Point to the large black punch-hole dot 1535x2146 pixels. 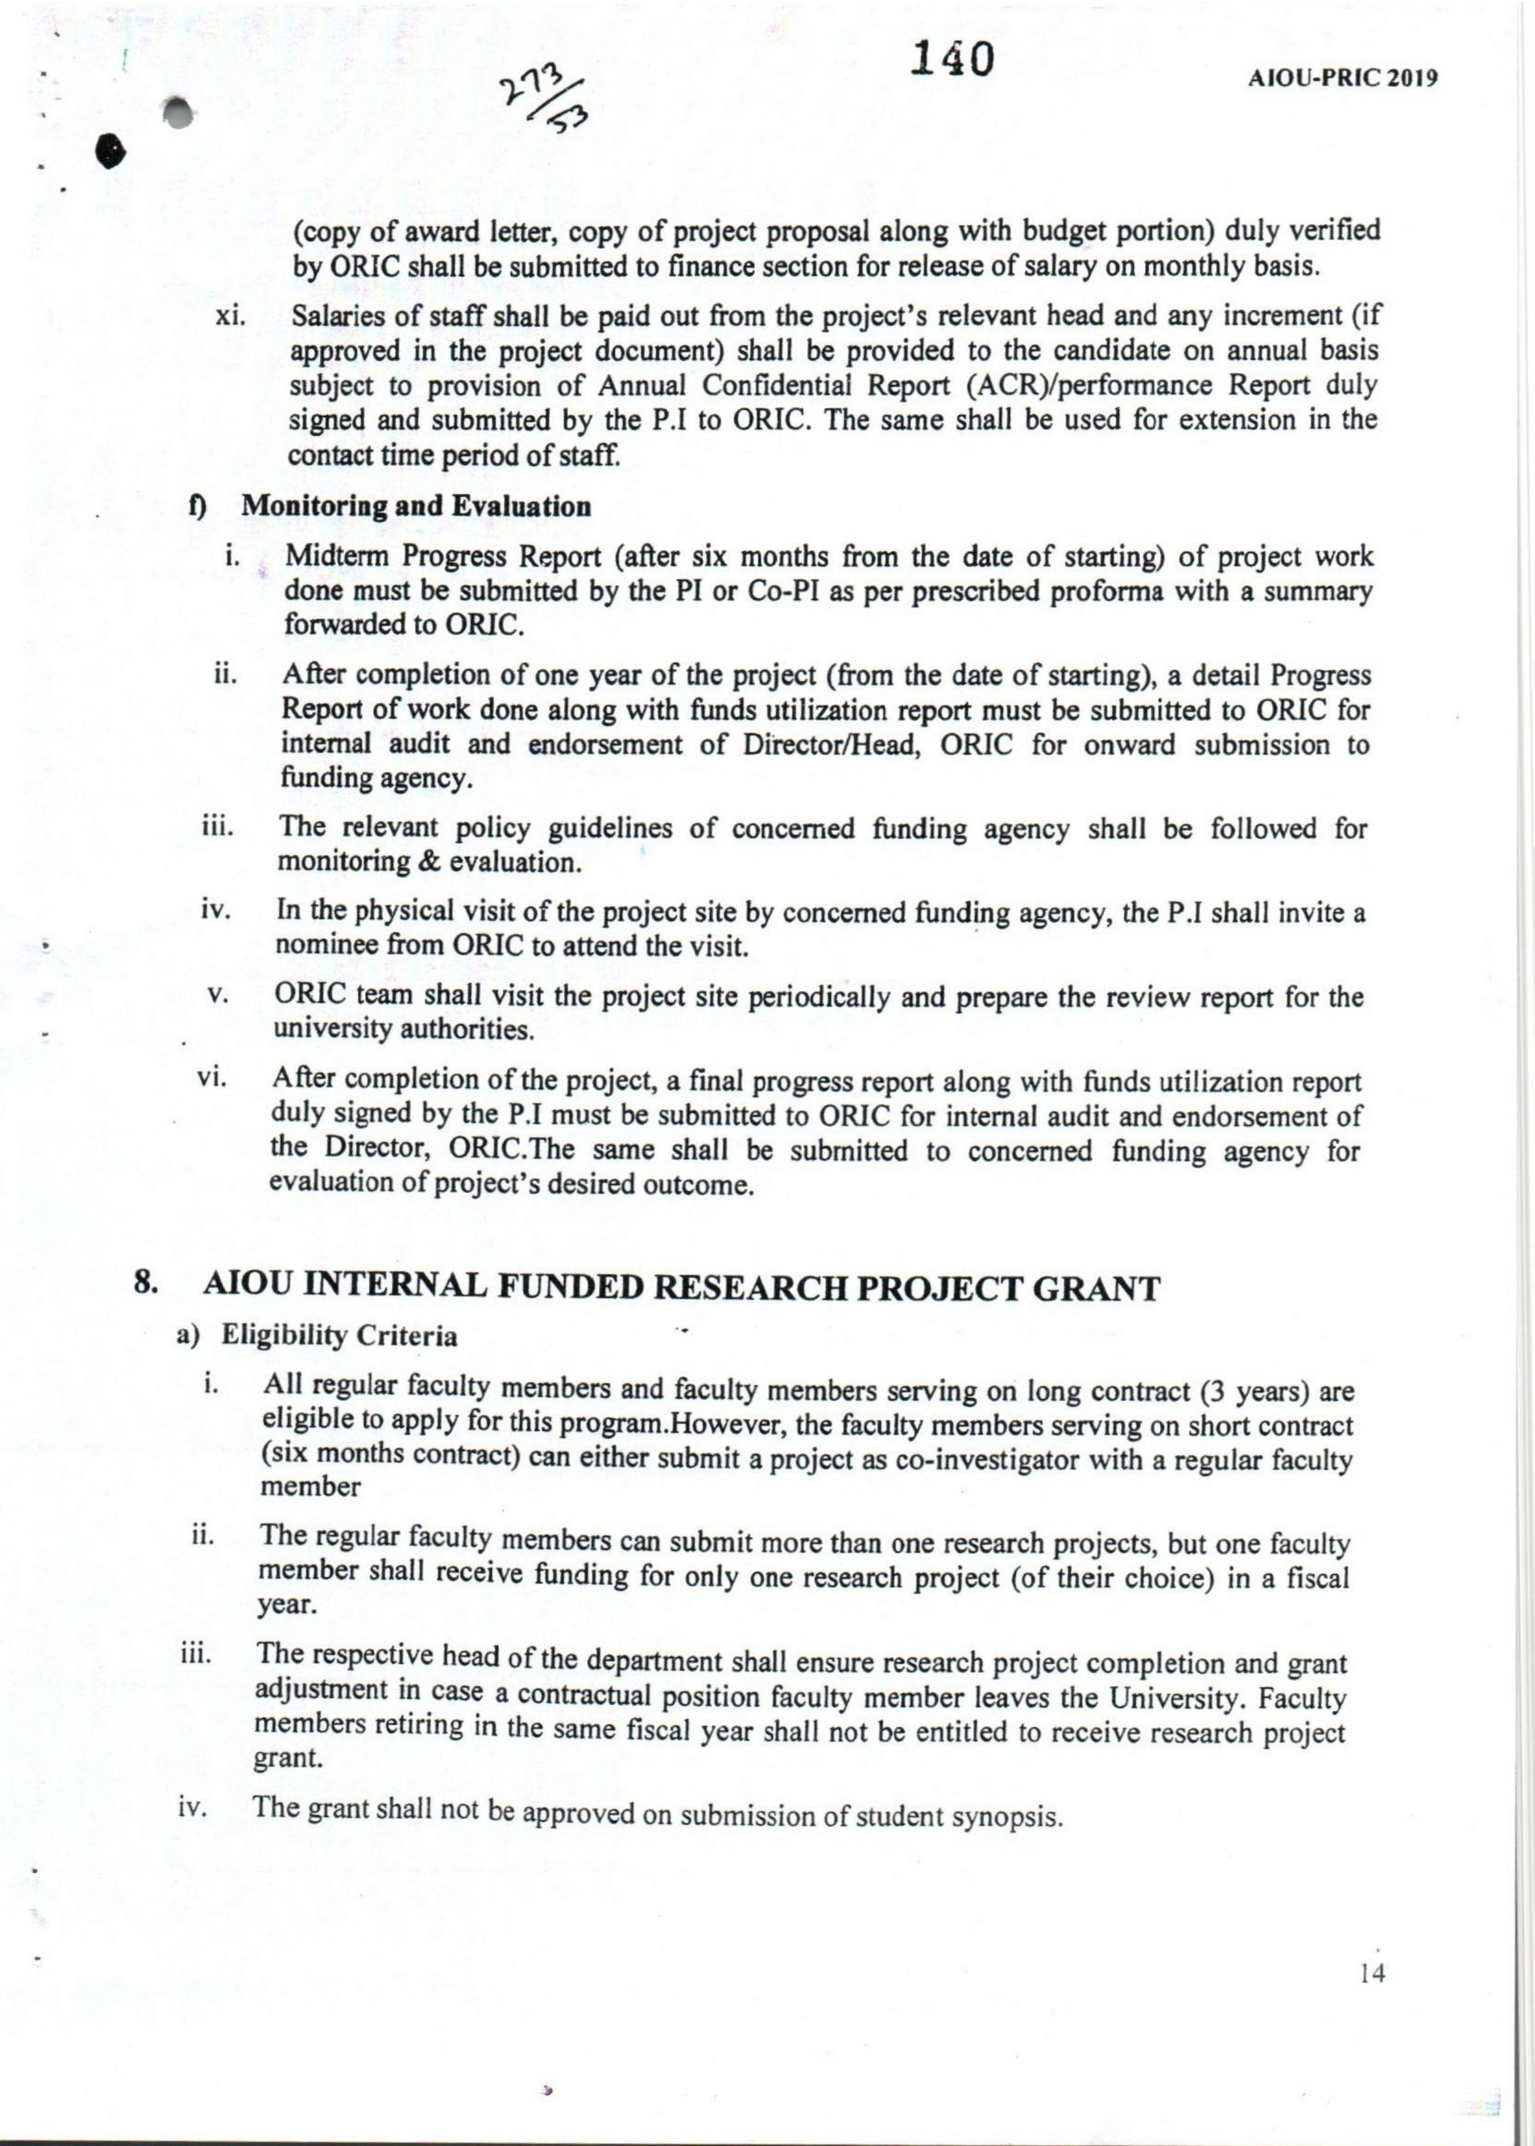111,158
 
